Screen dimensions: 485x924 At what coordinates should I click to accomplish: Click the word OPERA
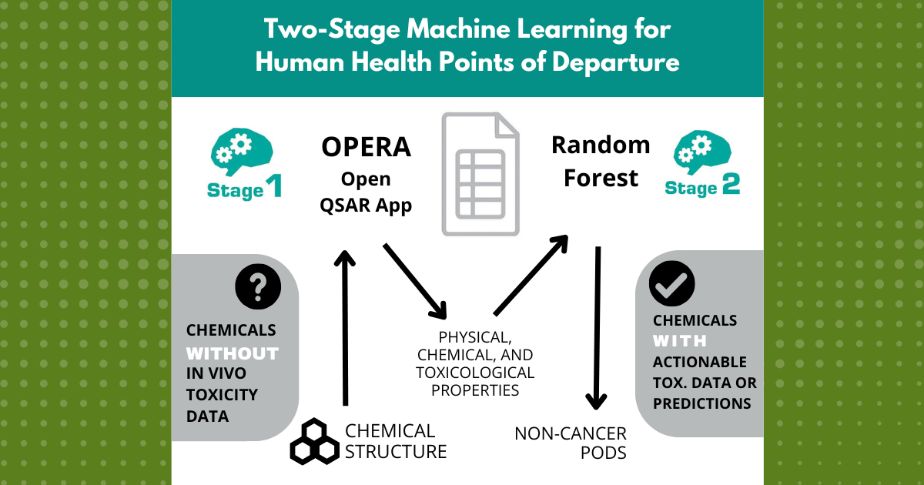coord(365,147)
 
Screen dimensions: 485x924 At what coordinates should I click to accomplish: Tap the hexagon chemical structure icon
coord(313,442)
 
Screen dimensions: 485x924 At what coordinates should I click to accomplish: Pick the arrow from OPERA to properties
coord(416,280)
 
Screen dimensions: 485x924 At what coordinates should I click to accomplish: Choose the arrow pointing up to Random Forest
coord(531,275)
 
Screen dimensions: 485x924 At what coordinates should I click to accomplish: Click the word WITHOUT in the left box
coord(232,353)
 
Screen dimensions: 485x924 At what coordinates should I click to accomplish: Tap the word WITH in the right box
coord(680,340)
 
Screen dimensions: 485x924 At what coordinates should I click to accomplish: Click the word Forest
coord(601,179)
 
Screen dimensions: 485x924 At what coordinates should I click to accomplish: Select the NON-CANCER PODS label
coord(571,443)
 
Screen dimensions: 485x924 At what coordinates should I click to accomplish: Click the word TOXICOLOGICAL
coord(475,373)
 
